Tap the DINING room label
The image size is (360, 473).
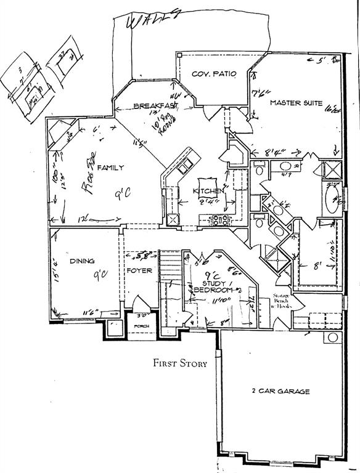81,261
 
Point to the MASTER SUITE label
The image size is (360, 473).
296,103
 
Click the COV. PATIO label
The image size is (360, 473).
214,74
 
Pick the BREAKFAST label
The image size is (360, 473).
156,107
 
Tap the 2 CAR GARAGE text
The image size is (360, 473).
280,391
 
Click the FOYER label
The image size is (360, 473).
139,270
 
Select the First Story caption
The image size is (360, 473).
180,363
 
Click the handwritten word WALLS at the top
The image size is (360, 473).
148,20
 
